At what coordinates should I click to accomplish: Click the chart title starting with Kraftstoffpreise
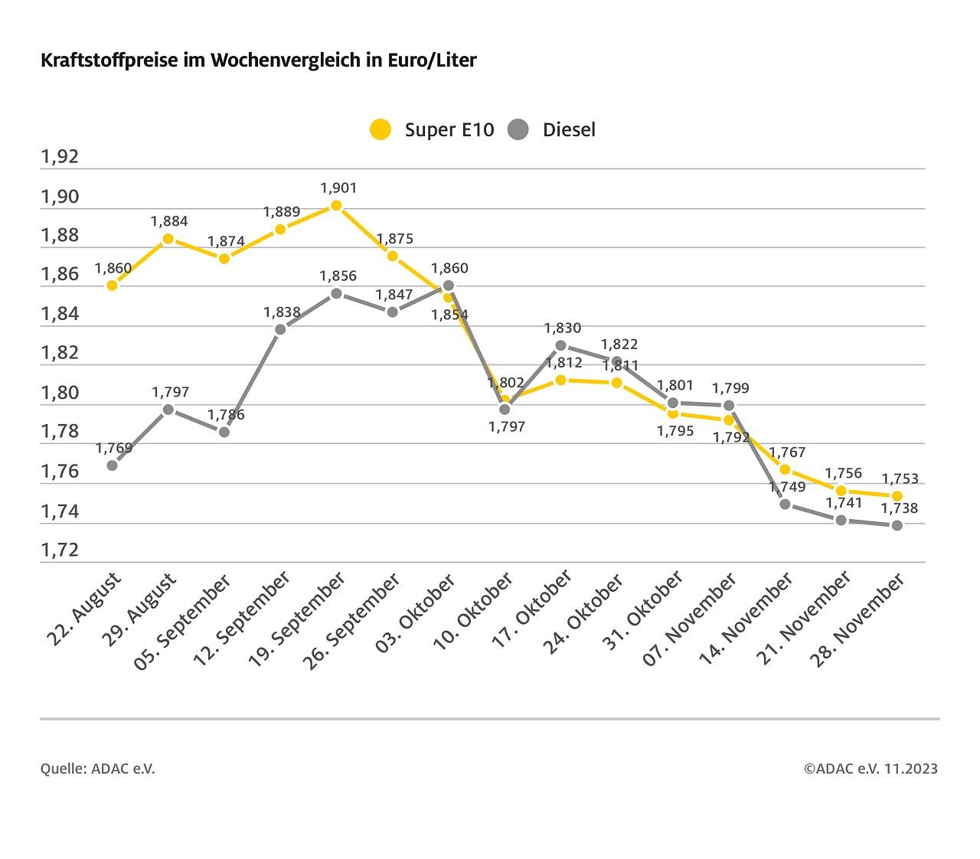point(258,60)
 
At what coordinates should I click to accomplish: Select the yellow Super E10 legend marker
point(381,129)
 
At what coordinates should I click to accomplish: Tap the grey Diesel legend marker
point(518,129)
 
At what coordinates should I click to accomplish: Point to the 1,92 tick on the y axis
point(60,157)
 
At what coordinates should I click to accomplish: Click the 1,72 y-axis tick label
point(60,550)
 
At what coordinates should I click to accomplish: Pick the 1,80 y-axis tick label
point(60,393)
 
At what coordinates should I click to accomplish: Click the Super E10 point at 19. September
point(336,205)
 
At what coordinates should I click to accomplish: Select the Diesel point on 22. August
point(113,465)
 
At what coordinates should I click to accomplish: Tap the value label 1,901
point(338,188)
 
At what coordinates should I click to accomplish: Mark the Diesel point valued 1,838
point(280,329)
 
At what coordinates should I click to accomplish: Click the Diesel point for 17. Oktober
point(560,345)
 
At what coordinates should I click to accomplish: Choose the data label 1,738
point(900,508)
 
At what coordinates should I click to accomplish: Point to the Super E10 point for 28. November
point(897,496)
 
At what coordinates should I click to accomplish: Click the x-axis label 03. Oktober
point(416,615)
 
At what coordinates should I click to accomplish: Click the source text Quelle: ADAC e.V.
point(98,769)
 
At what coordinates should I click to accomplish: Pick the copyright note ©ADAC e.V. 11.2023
point(871,769)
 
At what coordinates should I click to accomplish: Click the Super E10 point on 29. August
point(168,239)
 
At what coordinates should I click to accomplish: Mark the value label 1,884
point(169,221)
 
